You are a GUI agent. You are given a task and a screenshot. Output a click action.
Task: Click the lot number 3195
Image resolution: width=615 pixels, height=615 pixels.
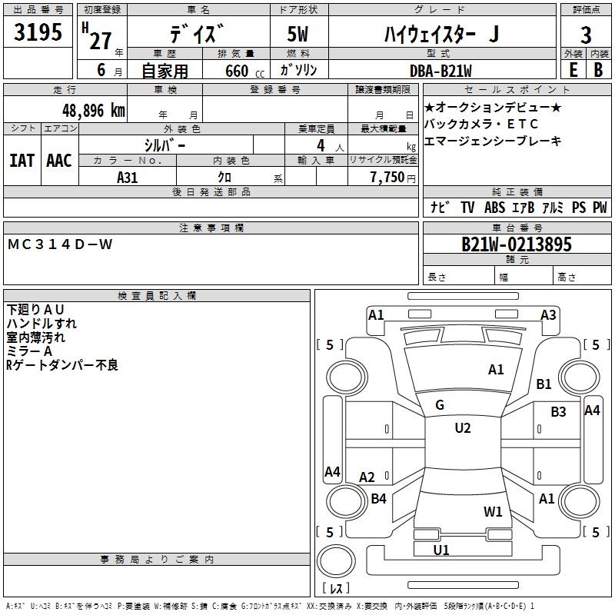click(38, 32)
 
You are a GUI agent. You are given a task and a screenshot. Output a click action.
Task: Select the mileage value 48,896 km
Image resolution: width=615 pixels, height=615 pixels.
click(93, 111)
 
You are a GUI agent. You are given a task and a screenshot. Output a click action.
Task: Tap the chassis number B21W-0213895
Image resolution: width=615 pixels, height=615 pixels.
click(517, 244)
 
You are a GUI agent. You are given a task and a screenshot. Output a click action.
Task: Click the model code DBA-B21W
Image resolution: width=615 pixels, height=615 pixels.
click(440, 71)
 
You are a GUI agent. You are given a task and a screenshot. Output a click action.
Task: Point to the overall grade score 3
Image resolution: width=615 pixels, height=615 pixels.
click(586, 35)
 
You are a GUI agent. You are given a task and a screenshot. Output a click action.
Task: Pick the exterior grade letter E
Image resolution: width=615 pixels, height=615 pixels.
click(573, 70)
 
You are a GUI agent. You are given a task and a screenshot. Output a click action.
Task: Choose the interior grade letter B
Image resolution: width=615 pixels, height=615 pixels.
click(599, 70)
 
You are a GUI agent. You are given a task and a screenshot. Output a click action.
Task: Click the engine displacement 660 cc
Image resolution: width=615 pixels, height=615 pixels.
click(244, 71)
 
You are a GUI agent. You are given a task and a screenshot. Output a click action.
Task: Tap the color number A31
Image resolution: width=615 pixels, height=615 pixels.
click(127, 178)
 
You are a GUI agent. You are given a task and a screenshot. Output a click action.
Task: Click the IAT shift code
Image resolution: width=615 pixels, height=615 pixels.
click(22, 161)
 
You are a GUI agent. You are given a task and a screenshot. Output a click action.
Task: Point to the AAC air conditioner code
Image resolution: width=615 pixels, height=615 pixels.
click(59, 161)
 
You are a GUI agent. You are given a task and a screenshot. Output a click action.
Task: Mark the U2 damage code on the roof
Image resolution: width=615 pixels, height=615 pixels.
click(463, 427)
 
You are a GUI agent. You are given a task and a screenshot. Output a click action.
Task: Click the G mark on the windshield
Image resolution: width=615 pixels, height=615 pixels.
click(440, 405)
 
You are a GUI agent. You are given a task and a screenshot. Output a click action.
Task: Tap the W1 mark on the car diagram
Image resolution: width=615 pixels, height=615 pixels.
click(493, 511)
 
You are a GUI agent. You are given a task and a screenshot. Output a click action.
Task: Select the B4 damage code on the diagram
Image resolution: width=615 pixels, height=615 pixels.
click(378, 498)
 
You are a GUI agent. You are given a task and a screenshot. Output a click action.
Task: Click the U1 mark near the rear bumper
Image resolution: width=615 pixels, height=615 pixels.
click(441, 550)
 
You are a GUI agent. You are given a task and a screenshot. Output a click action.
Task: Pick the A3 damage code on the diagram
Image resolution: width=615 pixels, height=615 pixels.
click(548, 315)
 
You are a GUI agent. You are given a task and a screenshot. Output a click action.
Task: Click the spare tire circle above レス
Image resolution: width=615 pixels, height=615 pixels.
click(336, 561)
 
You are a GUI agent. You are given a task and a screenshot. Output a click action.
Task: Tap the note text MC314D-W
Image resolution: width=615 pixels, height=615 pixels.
click(60, 244)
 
